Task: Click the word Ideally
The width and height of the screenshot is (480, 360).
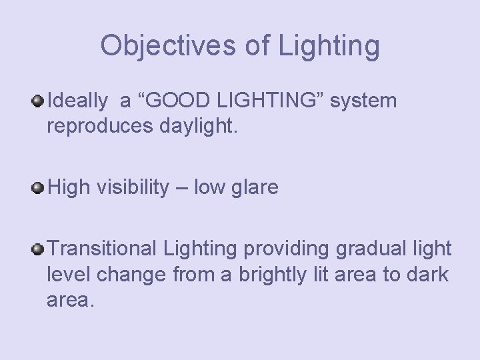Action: pos(77,101)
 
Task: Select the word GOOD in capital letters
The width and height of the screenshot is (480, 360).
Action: pos(173,101)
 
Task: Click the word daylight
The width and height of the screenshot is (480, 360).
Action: pos(198,126)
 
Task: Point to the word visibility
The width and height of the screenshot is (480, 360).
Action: pos(133,188)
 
